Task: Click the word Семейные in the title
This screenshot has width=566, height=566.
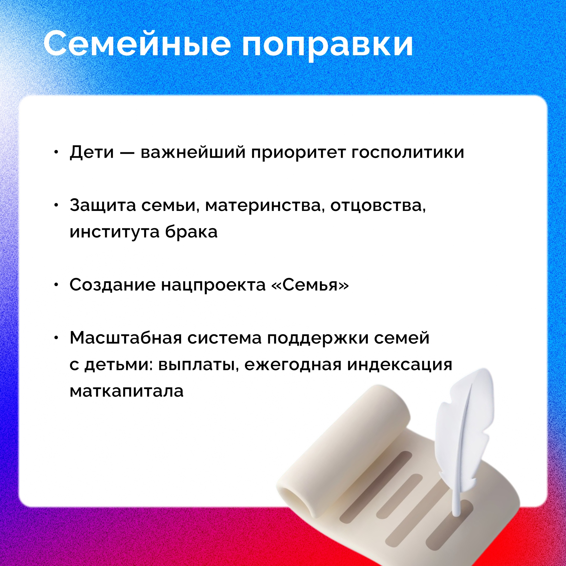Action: pyautogui.click(x=137, y=44)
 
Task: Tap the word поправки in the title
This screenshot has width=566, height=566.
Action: pyautogui.click(x=328, y=47)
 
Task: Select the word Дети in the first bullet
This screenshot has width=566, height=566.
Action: pyautogui.click(x=92, y=152)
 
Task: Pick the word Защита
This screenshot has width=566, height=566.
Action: pyautogui.click(x=103, y=206)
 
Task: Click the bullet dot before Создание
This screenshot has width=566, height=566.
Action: pyautogui.click(x=57, y=285)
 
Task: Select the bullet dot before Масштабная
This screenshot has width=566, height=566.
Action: pyautogui.click(x=57, y=338)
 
